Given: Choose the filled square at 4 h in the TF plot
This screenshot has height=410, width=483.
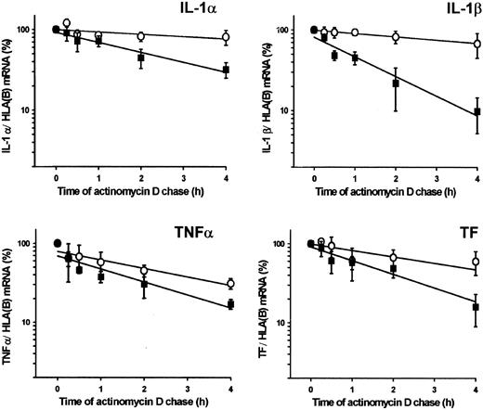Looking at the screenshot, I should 476,307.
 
